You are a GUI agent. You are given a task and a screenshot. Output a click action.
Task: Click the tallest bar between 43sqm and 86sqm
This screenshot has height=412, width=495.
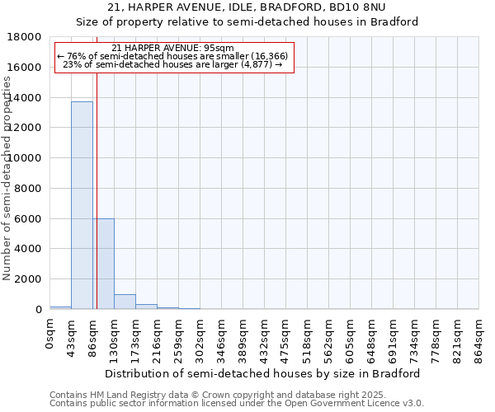point(82,205)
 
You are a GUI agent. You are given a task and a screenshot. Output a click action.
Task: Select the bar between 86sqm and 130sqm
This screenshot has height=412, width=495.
point(103,264)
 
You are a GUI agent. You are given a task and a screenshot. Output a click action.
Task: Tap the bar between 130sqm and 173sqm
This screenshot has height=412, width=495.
point(125,302)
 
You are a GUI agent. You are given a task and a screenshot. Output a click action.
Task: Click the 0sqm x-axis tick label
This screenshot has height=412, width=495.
point(50,335)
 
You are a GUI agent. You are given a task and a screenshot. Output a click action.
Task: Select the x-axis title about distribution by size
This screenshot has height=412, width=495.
point(263,373)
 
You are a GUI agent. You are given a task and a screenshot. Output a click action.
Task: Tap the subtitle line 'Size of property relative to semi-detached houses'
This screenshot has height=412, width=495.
point(247,22)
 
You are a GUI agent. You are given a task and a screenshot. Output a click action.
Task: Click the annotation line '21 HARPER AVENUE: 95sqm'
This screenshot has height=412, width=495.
point(173,48)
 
